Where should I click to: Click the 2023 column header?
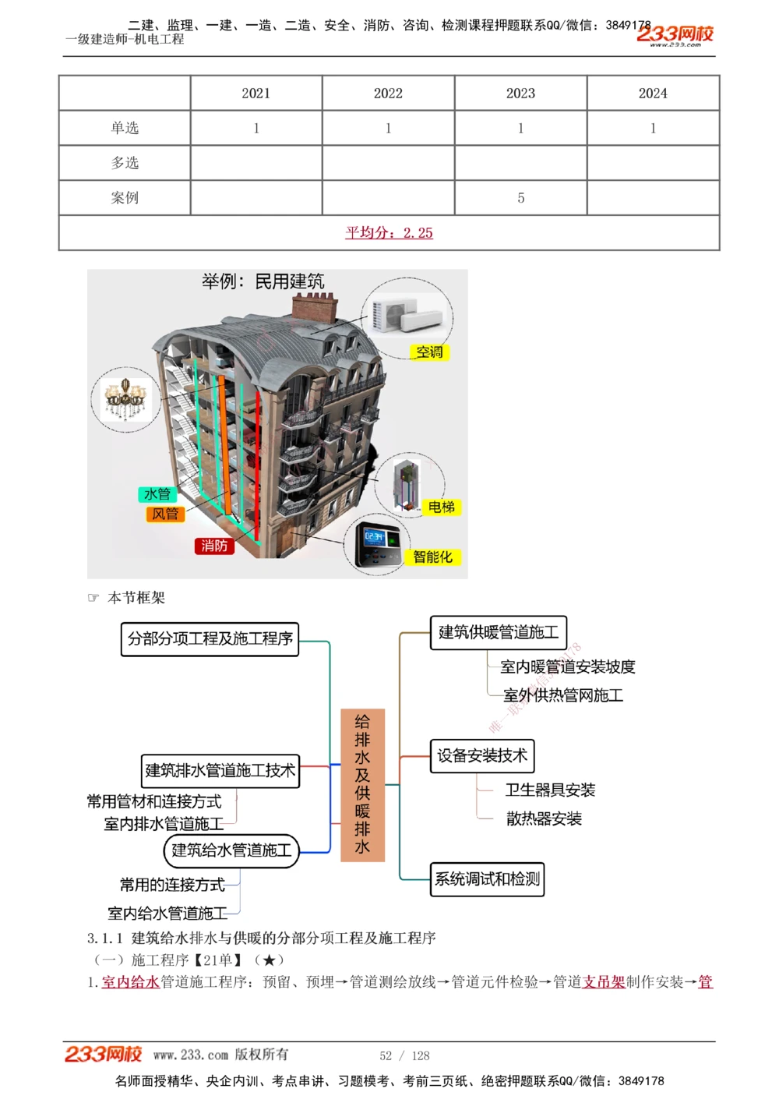point(520,94)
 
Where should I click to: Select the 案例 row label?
point(125,198)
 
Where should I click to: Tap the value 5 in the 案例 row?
point(520,198)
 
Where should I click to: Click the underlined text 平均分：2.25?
point(389,232)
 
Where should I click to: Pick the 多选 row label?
point(125,163)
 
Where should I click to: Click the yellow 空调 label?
point(429,352)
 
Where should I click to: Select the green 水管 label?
point(157,494)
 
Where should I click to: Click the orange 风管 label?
point(165,514)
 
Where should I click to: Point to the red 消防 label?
point(214,546)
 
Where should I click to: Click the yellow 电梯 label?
point(441,507)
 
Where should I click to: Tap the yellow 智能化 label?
point(432,557)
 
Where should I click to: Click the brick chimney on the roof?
point(315,307)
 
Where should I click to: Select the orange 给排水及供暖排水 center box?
point(362,783)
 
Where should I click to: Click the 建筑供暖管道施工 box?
point(499,632)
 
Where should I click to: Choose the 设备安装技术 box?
point(482,755)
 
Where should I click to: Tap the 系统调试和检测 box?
point(487,879)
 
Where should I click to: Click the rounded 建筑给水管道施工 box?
point(231,850)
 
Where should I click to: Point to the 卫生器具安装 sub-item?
point(550,790)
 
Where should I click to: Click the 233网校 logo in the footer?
point(103,1055)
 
